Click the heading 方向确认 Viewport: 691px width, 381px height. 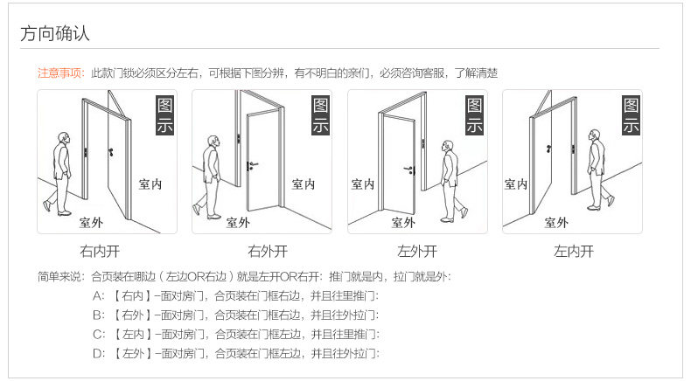(x=55, y=34)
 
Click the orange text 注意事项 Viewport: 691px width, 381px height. (x=60, y=73)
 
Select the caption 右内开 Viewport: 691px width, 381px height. (x=99, y=252)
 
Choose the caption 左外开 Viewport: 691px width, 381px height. (x=417, y=252)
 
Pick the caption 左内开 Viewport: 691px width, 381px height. (x=573, y=252)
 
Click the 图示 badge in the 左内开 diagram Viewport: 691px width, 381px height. (x=631, y=115)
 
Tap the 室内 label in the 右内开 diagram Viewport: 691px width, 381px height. (x=150, y=184)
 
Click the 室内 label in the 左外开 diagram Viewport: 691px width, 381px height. (x=363, y=184)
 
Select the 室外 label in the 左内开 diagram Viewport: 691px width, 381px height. (x=556, y=222)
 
